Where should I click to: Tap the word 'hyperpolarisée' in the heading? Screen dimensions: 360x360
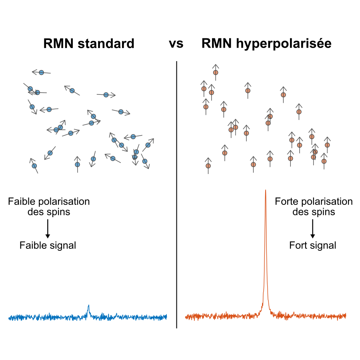[284, 44]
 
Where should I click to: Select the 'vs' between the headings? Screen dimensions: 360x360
[176, 44]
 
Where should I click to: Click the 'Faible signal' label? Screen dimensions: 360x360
[48, 245]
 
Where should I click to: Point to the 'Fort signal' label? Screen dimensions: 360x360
[312, 245]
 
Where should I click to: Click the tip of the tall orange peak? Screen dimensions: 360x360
[266, 191]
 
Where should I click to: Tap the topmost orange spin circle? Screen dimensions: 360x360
[216, 72]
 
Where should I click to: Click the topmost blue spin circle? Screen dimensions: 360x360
[41, 72]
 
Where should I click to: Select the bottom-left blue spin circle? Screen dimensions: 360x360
[34, 166]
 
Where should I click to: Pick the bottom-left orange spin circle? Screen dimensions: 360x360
[208, 166]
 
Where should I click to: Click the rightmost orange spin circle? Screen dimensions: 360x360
[327, 145]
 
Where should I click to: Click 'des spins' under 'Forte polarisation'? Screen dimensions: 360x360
[314, 212]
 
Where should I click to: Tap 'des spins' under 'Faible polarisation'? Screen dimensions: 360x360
[49, 212]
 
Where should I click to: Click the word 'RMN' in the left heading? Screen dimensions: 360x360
[58, 44]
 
